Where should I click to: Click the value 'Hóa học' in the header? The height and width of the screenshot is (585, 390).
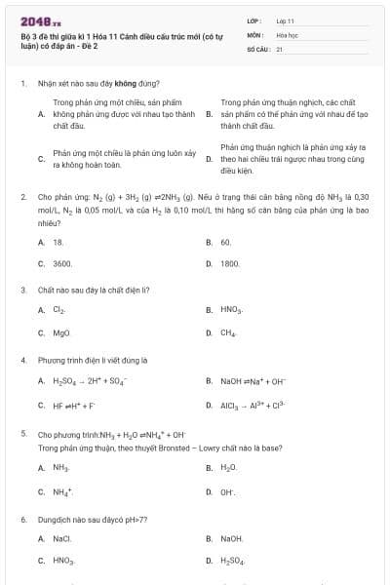click(x=287, y=34)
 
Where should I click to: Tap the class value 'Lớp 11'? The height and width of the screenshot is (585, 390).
click(x=285, y=20)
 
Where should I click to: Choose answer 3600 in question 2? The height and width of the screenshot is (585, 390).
click(x=62, y=263)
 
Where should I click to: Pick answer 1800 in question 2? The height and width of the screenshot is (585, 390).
click(x=230, y=263)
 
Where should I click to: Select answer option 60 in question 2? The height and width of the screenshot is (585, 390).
click(x=225, y=241)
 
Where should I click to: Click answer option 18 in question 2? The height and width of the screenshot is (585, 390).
click(x=58, y=241)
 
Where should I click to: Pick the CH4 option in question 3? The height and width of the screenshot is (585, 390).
click(x=228, y=332)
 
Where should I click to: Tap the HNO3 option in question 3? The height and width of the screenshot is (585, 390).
click(x=231, y=310)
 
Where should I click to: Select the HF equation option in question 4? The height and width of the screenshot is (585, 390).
click(x=74, y=405)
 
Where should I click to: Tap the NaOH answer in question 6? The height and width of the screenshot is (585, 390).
click(x=231, y=537)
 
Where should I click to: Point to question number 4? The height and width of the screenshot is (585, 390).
click(x=22, y=359)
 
